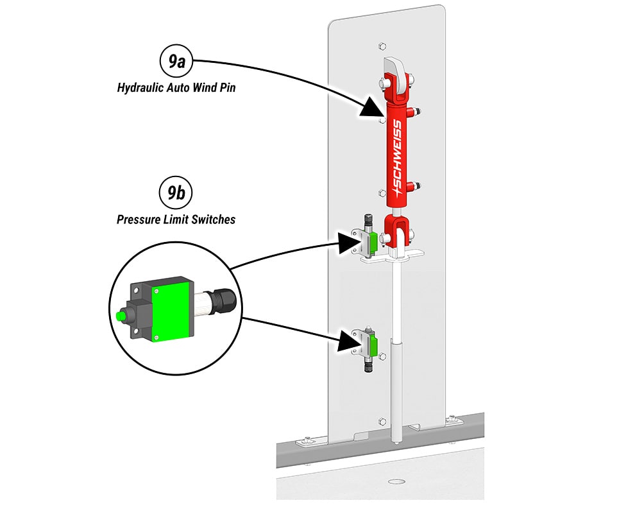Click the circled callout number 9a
pos(176,62)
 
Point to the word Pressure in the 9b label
pos(138,219)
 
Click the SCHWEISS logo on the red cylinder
pos(396,158)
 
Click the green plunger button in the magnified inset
pos(119,316)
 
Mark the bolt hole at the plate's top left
pos(382,46)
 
